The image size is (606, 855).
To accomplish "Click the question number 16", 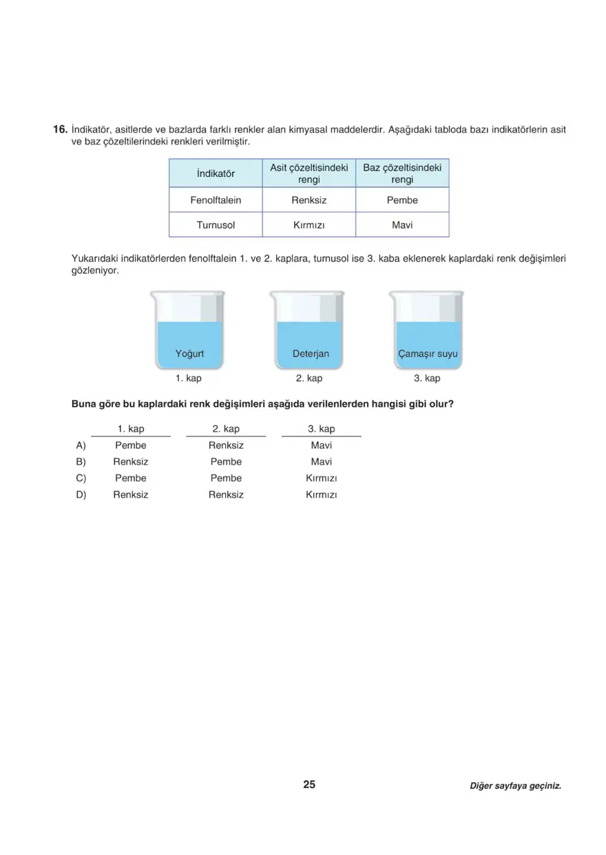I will (59, 129).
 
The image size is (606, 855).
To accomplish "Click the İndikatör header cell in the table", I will (216, 173).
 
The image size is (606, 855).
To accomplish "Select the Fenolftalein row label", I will (216, 200).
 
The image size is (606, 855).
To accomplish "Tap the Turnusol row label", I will (216, 225).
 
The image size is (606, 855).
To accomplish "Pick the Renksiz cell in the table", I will (309, 200).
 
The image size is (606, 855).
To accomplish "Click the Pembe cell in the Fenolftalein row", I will (402, 200).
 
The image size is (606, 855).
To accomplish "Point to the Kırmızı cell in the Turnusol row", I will (309, 225).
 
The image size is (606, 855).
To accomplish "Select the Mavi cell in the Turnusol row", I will (402, 225).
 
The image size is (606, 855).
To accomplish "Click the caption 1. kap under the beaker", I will (188, 379).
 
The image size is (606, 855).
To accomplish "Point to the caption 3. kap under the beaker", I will (427, 379).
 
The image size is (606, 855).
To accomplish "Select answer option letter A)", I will (81, 445).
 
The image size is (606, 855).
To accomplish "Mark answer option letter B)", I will (81, 462).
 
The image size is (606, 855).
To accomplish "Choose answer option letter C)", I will (81, 478).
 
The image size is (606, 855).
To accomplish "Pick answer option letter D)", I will (81, 495).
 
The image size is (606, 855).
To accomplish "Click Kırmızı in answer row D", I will (321, 495).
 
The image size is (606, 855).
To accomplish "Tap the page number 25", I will (309, 785).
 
